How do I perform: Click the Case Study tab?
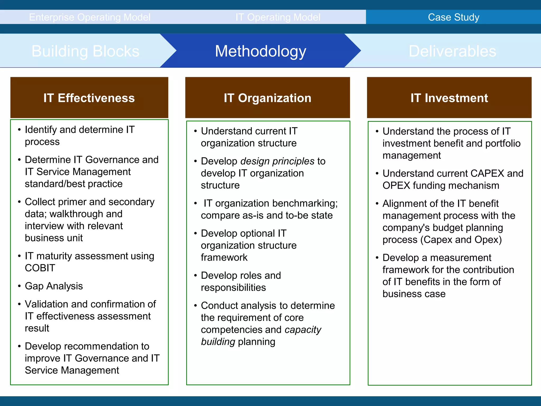[453, 17]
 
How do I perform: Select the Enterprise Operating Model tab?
[90, 17]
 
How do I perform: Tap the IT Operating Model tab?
[278, 17]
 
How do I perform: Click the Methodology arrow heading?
[260, 51]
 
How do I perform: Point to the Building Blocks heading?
[85, 51]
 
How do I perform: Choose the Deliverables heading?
[452, 51]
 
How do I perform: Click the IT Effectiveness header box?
[89, 98]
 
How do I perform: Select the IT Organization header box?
[268, 98]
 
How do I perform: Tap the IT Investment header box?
[449, 98]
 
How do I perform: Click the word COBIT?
[40, 268]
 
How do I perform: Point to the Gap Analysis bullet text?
[54, 286]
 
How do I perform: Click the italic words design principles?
[277, 161]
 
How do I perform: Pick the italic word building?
[218, 342]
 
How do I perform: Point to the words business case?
[414, 294]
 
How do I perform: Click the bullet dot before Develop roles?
[195, 276]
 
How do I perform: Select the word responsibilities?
[233, 288]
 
